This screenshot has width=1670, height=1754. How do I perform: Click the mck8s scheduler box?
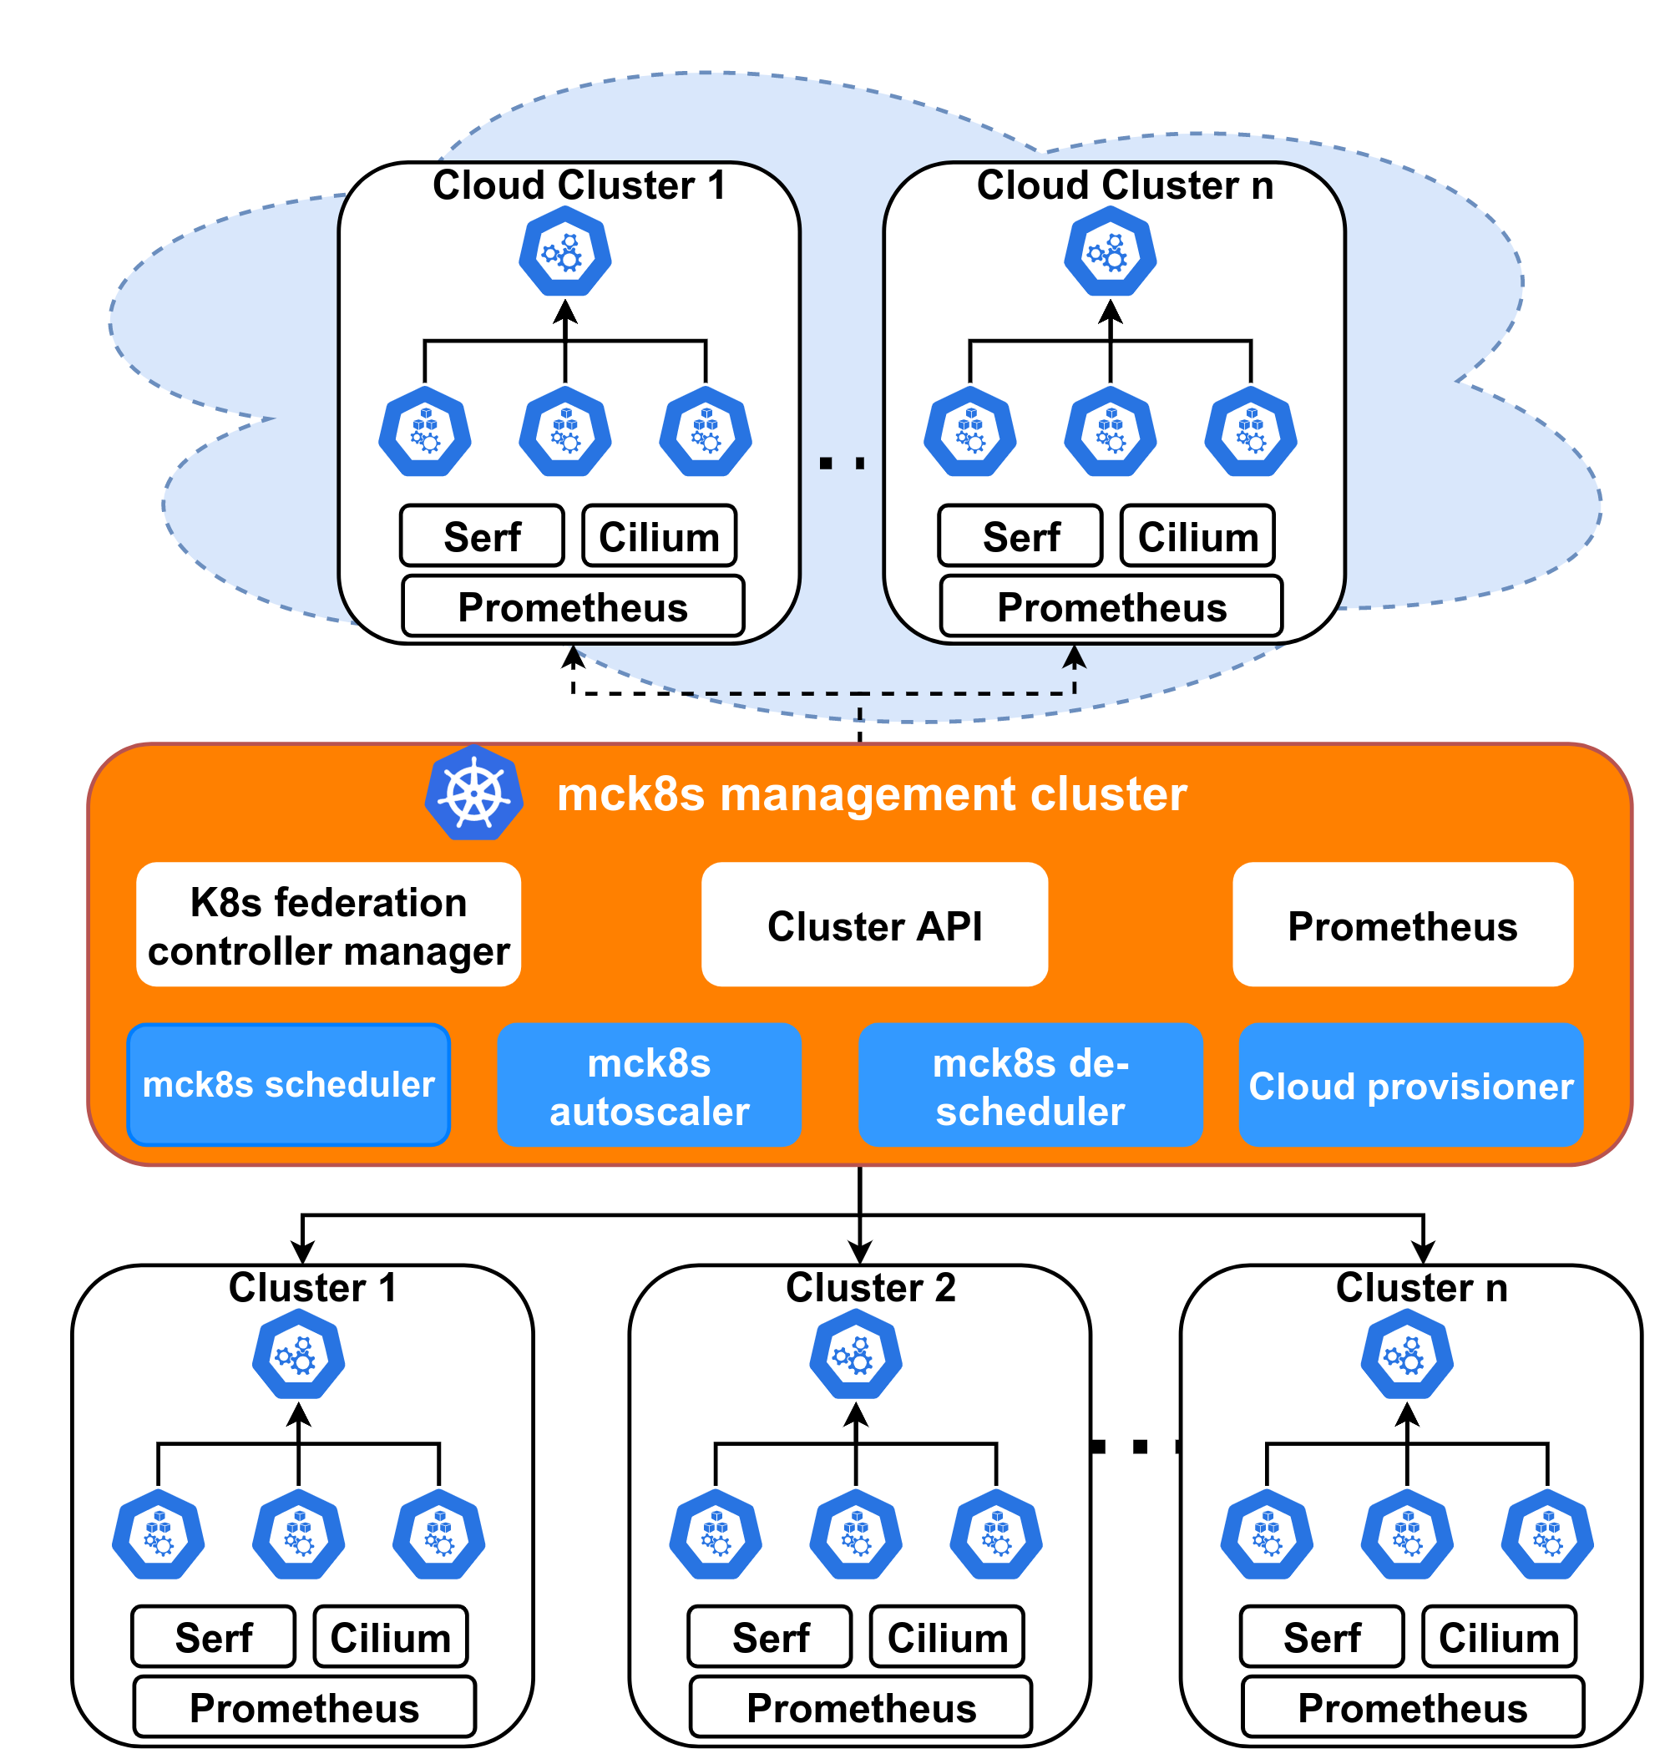click(x=288, y=1083)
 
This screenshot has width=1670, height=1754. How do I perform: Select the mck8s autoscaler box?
click(x=649, y=1083)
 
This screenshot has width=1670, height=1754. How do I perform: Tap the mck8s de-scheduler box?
click(x=1030, y=1083)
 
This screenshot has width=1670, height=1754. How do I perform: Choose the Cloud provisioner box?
click(x=1411, y=1083)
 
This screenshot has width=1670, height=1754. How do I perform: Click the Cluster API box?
click(x=874, y=923)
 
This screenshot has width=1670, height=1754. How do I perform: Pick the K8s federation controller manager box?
click(x=328, y=923)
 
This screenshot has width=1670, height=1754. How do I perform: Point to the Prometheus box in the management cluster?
click(x=1403, y=923)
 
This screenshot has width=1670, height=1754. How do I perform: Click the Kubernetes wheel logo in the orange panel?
click(x=474, y=792)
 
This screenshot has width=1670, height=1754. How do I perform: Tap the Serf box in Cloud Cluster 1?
click(x=482, y=535)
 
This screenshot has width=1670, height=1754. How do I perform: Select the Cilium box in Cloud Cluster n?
click(x=1197, y=535)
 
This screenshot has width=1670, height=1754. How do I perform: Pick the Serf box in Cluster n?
click(x=1322, y=1635)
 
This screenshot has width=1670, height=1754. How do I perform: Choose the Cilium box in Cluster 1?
click(x=390, y=1635)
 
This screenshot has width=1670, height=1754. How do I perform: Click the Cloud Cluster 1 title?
click(x=579, y=185)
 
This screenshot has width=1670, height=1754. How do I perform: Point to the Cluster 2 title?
click(x=871, y=1287)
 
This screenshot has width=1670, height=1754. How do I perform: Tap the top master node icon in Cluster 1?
click(x=298, y=1357)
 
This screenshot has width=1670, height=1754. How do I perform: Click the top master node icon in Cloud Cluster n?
click(x=1110, y=251)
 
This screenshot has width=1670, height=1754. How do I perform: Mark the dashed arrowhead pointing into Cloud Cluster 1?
click(x=574, y=657)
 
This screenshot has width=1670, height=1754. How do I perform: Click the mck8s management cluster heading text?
click(x=872, y=793)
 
